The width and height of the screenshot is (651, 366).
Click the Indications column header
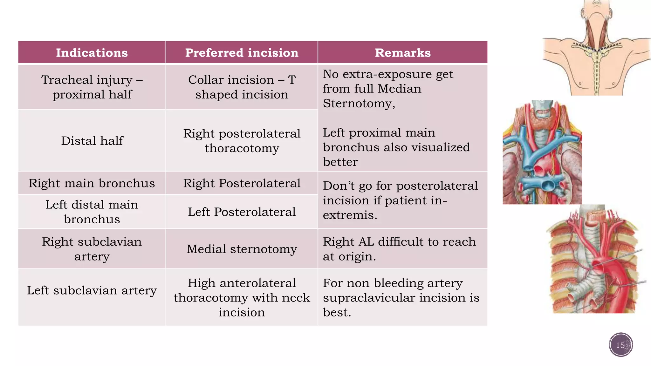pos(92,53)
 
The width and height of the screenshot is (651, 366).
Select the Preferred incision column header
pos(242,53)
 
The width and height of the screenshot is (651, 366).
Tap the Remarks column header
pos(402,53)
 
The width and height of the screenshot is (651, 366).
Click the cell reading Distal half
pos(92,141)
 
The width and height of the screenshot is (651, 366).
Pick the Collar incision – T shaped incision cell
pos(242,87)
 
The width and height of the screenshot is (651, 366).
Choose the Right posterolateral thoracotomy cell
pos(242,141)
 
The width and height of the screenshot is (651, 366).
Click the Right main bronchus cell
pos(92,183)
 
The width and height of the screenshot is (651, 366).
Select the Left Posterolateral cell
pos(242,212)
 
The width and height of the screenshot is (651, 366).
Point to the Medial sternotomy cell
pos(242,249)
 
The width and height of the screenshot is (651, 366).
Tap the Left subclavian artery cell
pos(92,290)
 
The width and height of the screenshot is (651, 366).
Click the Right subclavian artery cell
pos(92,249)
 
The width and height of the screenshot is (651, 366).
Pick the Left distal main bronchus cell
pos(92,212)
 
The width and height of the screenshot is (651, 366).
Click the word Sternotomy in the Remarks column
pos(359,104)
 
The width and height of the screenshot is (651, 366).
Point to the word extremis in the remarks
pos(350,215)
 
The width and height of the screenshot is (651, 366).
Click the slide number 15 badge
pos(620,345)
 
